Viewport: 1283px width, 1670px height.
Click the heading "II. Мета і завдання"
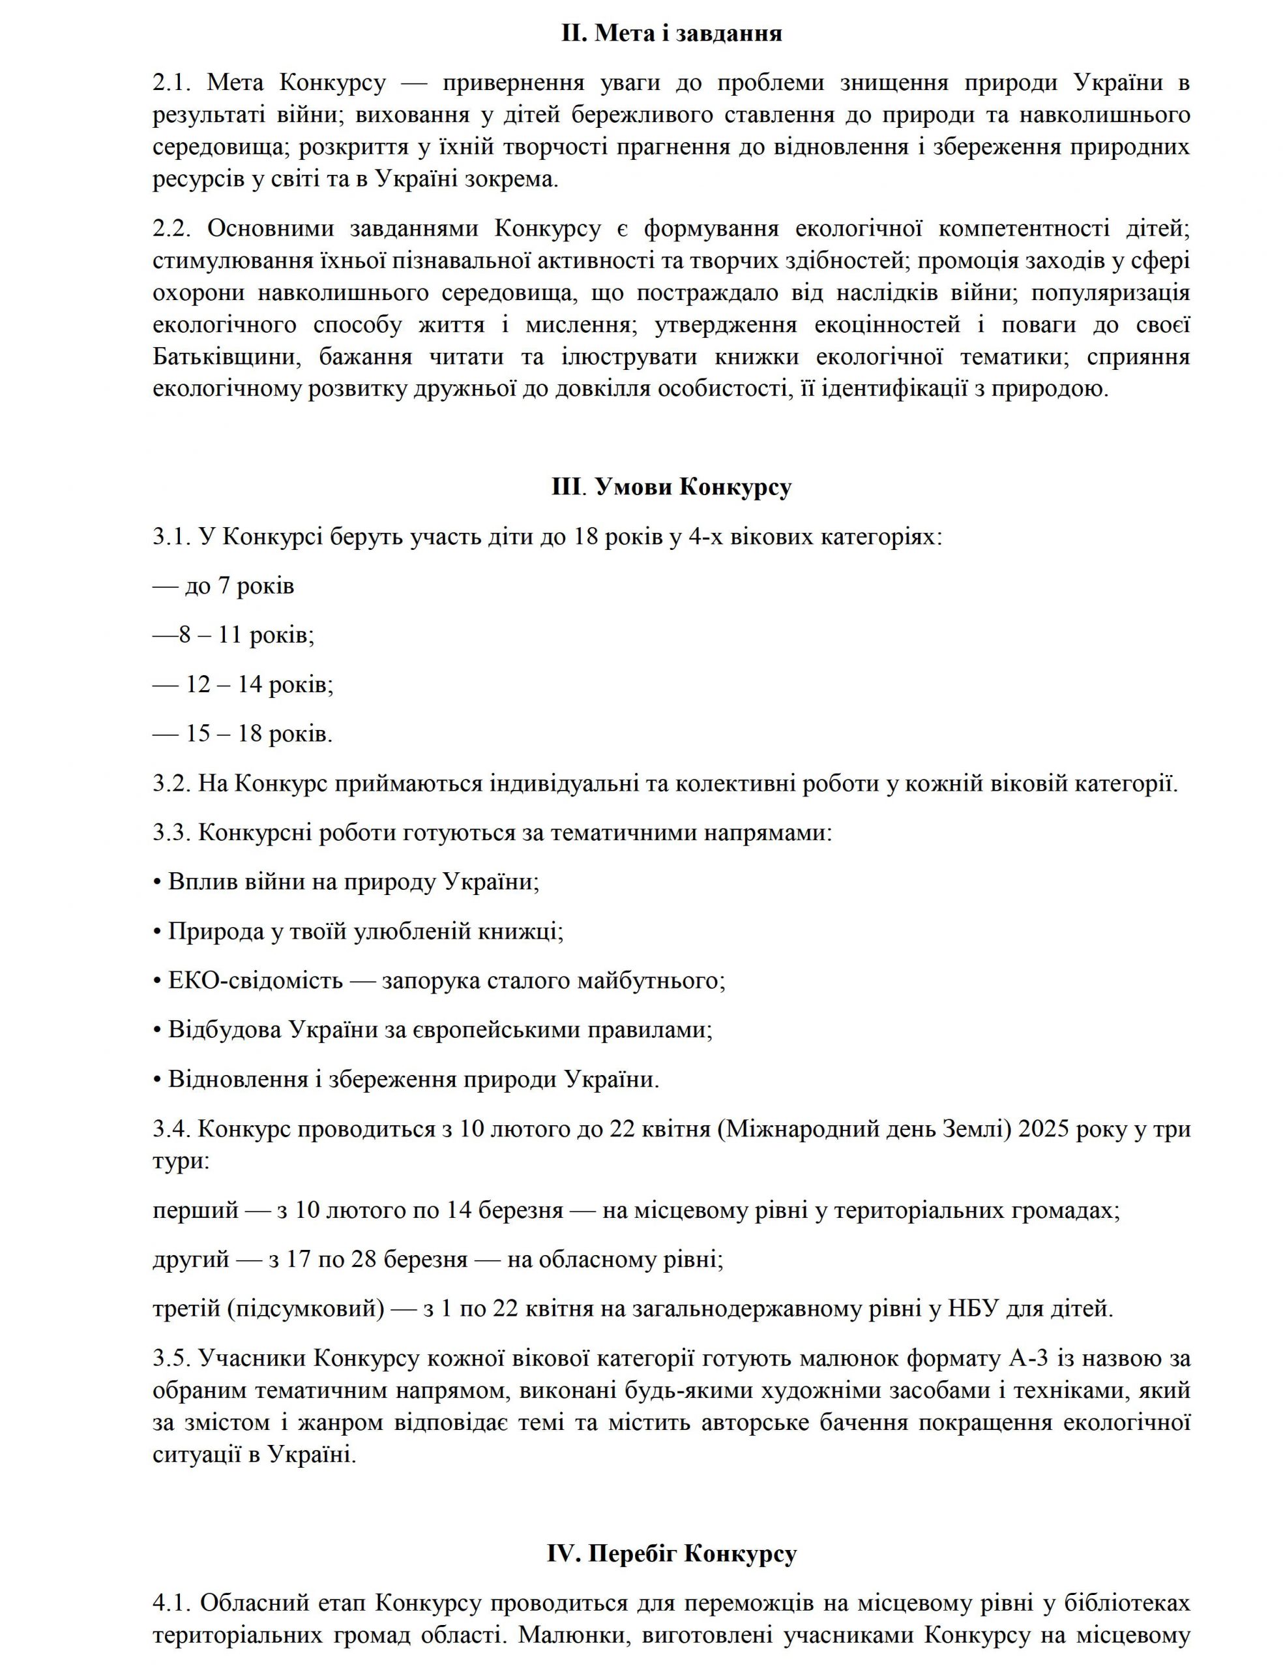coord(671,34)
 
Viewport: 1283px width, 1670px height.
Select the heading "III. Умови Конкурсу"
coord(671,487)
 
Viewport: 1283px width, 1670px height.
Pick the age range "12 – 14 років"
coord(259,684)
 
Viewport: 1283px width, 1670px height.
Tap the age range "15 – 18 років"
coord(259,734)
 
